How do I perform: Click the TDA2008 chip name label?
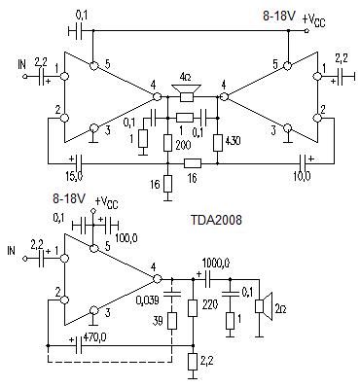point(216,221)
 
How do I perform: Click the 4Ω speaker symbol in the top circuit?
point(187,92)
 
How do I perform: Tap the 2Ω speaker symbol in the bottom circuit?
point(264,305)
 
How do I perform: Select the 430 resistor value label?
point(232,141)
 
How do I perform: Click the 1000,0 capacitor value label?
point(216,263)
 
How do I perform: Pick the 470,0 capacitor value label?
point(94,337)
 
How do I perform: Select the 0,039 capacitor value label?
point(148,300)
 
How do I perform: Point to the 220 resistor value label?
point(210,304)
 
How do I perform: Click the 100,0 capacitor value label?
point(126,238)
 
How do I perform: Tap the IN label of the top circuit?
point(21,64)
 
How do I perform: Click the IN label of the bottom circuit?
point(12,250)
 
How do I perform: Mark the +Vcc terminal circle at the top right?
point(306,31)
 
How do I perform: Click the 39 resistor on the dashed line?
point(172,321)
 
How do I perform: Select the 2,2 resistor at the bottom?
point(194,363)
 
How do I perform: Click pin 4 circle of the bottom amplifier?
point(157,279)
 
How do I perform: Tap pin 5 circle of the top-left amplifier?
point(94,66)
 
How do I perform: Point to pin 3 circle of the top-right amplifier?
point(287,127)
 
